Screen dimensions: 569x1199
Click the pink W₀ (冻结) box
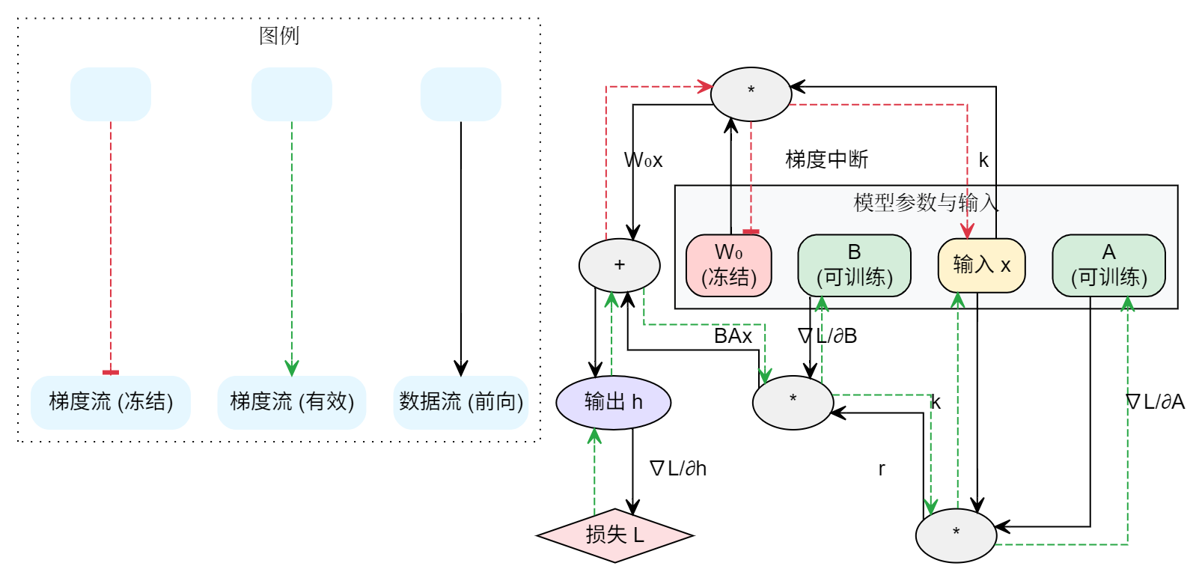coord(728,266)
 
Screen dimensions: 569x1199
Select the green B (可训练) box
coord(854,266)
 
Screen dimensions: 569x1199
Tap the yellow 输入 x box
coord(981,265)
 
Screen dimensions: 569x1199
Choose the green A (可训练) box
coord(1108,266)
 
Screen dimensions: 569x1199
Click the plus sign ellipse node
coord(619,265)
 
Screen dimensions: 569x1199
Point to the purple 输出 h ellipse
coord(613,402)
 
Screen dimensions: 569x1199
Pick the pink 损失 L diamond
coord(614,535)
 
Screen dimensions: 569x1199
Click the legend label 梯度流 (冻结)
coord(111,402)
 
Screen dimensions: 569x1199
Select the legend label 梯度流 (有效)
coord(292,402)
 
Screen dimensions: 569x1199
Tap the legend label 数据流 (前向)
coord(461,402)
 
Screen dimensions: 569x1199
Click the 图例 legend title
coord(279,36)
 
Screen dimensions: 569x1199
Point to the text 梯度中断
coord(826,159)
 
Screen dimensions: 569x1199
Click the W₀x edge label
coord(643,160)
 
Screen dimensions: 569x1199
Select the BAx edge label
coord(733,336)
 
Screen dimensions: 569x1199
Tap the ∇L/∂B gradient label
coord(828,336)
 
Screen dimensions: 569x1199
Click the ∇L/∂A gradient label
coord(1155,402)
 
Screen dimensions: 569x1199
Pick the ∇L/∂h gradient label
coord(678,469)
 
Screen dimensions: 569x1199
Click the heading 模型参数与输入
coord(926,202)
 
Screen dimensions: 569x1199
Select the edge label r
coord(882,469)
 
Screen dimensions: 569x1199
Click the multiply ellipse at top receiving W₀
coord(751,94)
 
